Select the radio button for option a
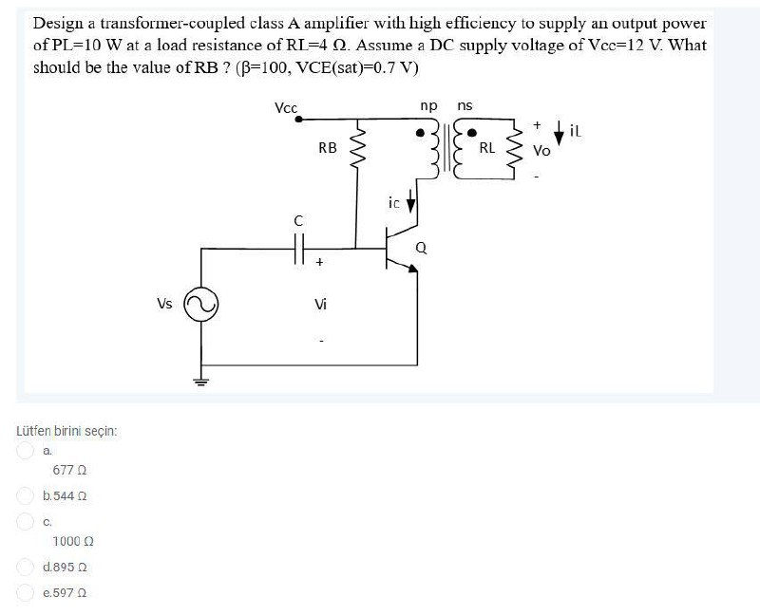[x=27, y=452]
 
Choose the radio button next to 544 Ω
[x=27, y=495]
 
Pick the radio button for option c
[x=27, y=521]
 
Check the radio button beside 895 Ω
[x=27, y=567]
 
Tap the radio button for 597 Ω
[x=27, y=592]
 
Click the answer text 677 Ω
[x=71, y=471]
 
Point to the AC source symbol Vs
[x=201, y=305]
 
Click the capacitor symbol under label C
[x=299, y=250]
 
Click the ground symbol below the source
[x=201, y=382]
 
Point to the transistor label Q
[x=421, y=249]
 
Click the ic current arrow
[x=411, y=202]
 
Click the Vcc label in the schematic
[x=286, y=107]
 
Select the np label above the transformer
[x=428, y=105]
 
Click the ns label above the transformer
[x=465, y=105]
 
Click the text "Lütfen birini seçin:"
[x=66, y=431]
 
